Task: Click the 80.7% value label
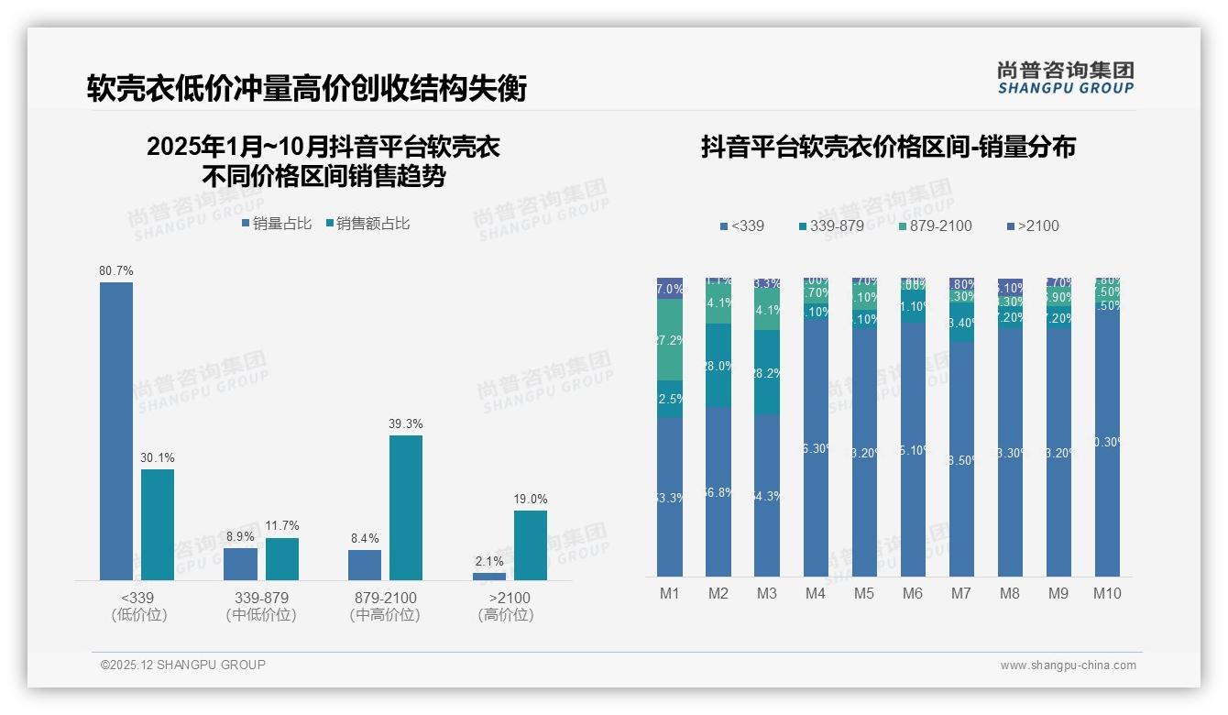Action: click(x=116, y=271)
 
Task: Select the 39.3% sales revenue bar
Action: click(x=406, y=507)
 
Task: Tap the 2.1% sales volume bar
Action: click(x=489, y=576)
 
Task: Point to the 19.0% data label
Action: click(x=531, y=500)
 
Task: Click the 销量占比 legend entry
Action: click(x=277, y=224)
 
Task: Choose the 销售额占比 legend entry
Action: click(x=367, y=224)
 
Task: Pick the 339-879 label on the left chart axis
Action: click(x=261, y=598)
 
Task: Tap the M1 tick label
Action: click(x=670, y=593)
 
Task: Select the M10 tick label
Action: click(x=1107, y=593)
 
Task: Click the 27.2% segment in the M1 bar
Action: click(x=670, y=339)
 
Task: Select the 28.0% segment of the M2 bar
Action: click(x=718, y=365)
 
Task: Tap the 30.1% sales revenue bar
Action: click(x=158, y=524)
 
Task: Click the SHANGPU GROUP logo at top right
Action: click(x=1066, y=78)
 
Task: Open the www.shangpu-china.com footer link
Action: click(x=1068, y=665)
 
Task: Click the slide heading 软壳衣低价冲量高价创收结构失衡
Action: click(x=307, y=89)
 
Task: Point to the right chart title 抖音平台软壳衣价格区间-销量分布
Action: click(x=888, y=147)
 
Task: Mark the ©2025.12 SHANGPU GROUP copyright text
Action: click(x=183, y=665)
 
